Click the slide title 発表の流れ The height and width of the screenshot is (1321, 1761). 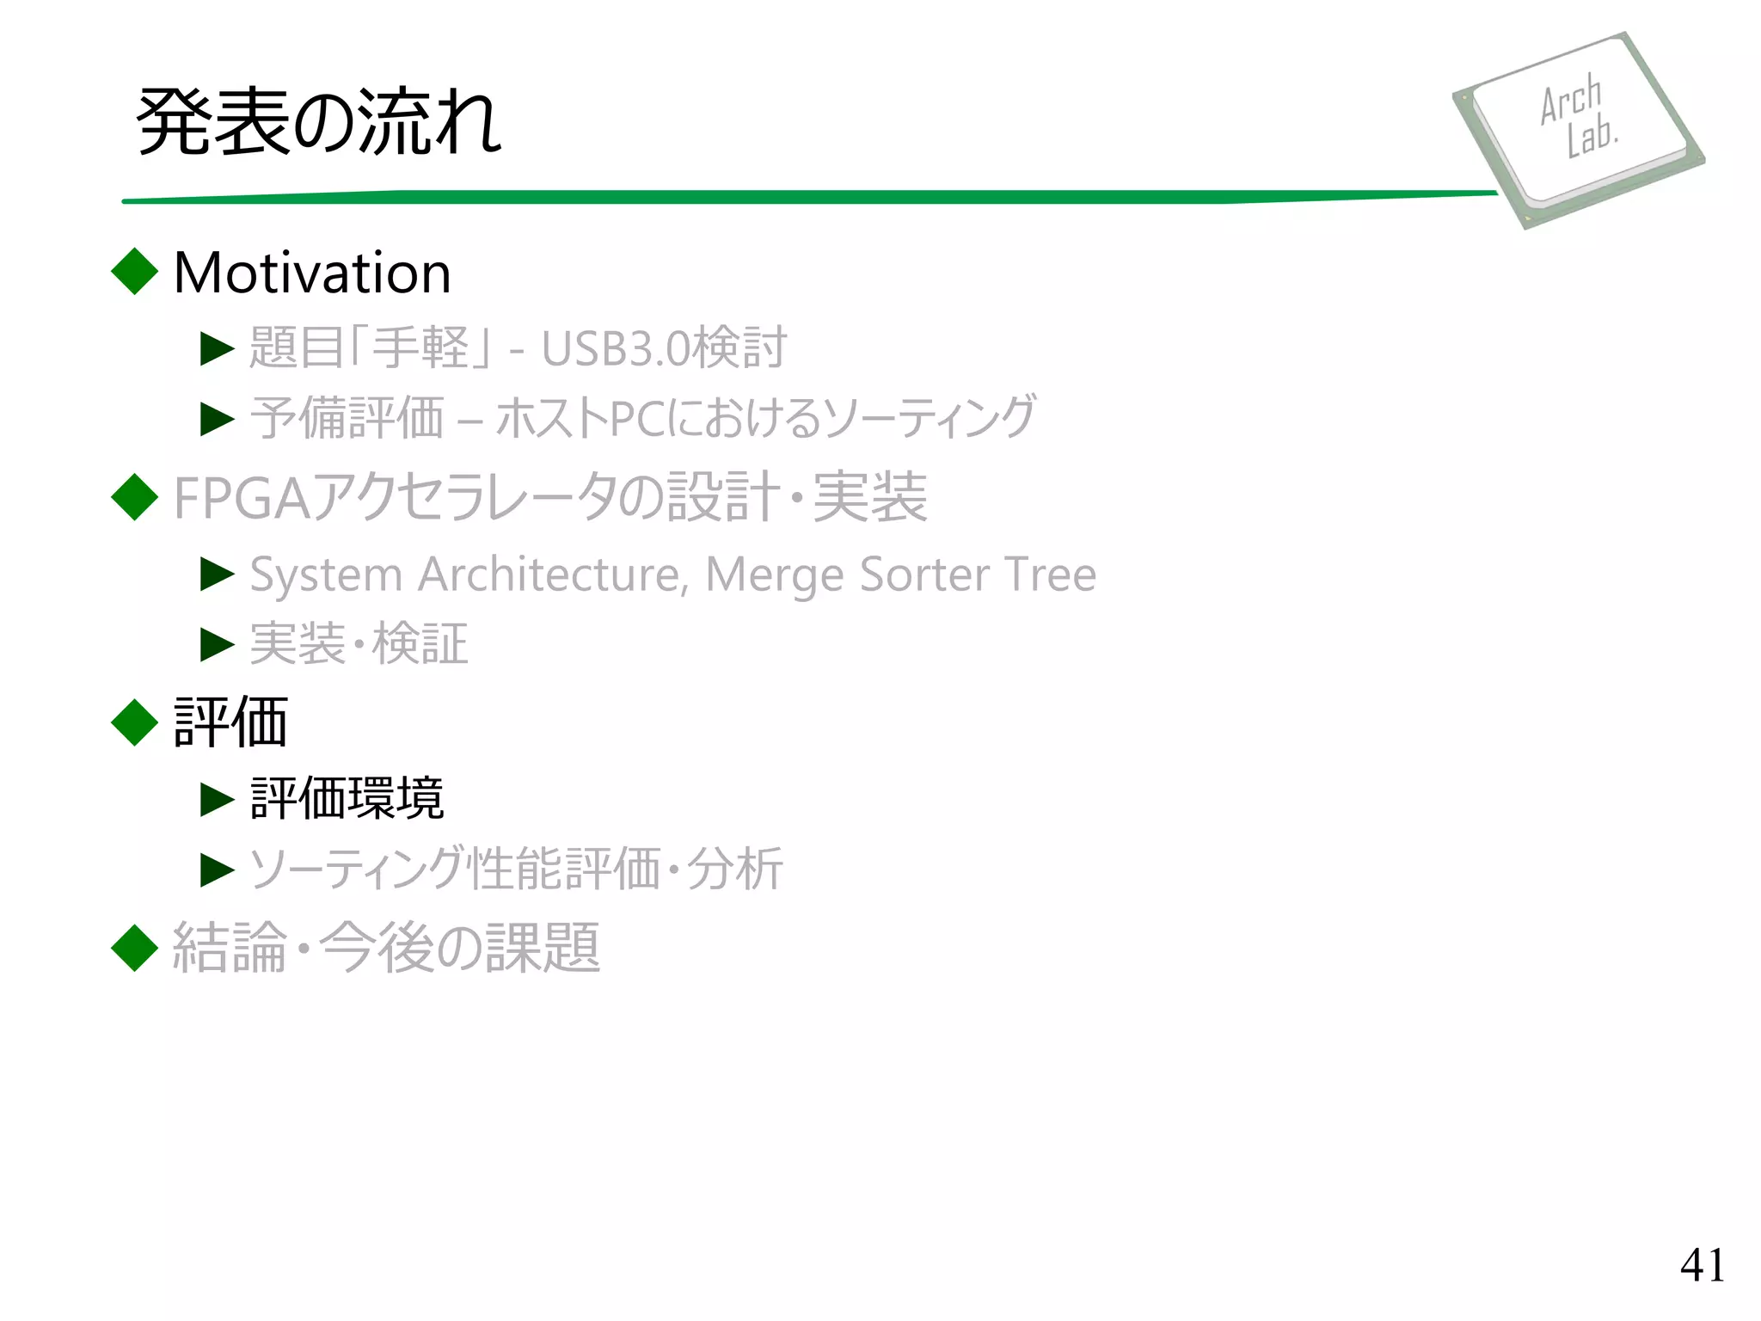(318, 122)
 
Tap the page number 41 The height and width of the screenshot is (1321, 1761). (1702, 1265)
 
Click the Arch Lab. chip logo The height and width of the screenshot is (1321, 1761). (1579, 129)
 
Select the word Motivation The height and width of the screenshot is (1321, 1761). (312, 273)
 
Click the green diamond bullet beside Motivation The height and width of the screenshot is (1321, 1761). (135, 272)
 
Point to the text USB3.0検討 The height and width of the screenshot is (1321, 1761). (664, 347)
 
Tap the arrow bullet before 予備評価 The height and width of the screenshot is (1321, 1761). (217, 419)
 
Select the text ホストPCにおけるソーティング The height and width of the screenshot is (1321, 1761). (765, 418)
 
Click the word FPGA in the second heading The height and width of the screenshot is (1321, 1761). (242, 498)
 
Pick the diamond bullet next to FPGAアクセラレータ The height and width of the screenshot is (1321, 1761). (135, 497)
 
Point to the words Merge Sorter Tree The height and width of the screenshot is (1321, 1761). (900, 574)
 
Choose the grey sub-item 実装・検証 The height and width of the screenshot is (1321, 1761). (359, 644)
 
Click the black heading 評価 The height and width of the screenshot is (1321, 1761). (230, 722)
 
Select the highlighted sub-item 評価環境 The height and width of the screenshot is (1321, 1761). (347, 798)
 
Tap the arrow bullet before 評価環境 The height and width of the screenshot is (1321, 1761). (217, 799)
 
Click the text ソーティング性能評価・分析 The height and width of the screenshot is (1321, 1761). (516, 869)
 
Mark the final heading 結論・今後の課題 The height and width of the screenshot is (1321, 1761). (386, 948)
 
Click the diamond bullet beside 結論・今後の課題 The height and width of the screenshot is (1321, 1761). (135, 948)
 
